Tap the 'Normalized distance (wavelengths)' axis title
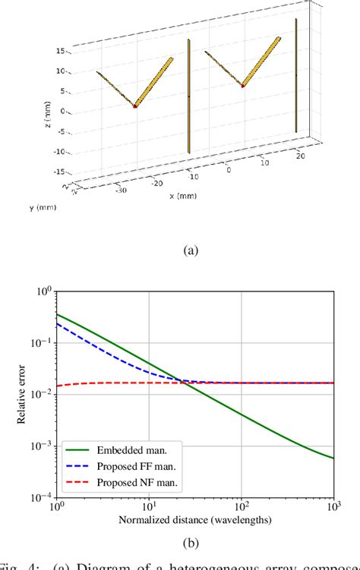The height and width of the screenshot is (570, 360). click(196, 520)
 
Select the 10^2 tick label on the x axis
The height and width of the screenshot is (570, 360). click(242, 506)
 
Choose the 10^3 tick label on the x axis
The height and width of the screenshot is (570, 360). click(333, 506)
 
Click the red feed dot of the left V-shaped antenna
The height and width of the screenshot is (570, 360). click(135, 106)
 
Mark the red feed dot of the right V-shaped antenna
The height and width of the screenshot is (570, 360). click(242, 86)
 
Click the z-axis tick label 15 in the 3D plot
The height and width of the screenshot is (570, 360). click(62, 51)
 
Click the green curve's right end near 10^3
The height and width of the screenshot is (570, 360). click(333, 458)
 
